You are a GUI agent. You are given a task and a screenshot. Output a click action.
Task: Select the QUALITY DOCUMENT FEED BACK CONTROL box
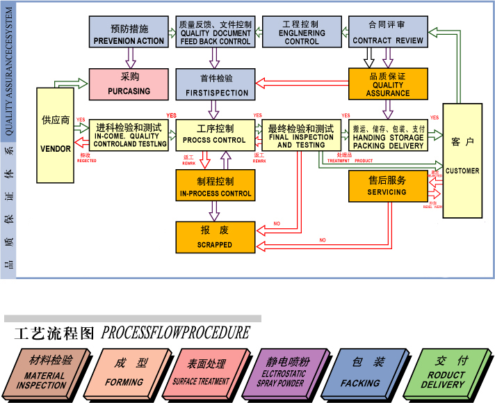point(215,32)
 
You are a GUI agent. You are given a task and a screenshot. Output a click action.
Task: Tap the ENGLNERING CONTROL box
point(302,32)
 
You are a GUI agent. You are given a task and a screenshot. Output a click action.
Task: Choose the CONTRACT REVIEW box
point(387,32)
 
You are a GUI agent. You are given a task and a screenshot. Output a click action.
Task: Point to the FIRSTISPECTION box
point(215,84)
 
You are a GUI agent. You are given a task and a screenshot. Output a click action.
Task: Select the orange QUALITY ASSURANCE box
point(387,84)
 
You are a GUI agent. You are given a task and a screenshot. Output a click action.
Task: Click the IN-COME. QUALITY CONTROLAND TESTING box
point(129,136)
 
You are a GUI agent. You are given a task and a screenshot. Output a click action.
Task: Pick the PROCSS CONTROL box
point(215,136)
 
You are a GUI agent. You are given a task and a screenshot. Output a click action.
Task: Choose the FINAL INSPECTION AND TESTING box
point(301,136)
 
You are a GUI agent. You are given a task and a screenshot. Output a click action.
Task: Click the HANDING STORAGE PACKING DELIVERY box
point(387,136)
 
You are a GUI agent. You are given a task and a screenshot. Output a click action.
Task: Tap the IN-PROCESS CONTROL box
point(215,186)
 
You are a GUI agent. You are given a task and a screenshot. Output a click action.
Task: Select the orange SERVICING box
point(387,186)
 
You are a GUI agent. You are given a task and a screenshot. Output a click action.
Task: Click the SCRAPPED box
point(215,237)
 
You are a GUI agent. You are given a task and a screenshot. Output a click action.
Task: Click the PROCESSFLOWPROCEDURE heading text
point(175,333)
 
